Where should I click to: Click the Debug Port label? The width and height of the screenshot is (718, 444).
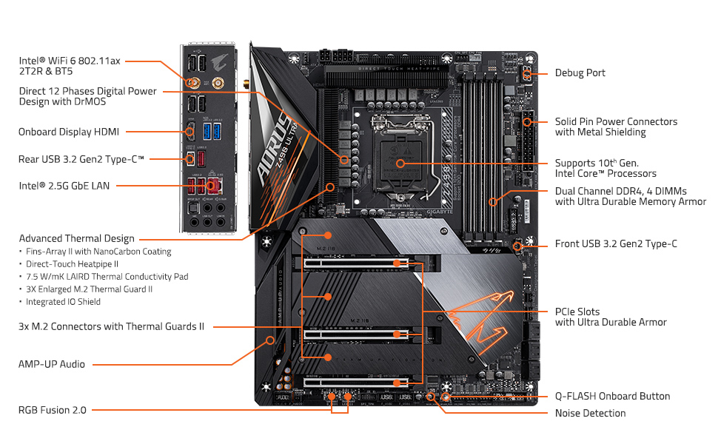(x=580, y=73)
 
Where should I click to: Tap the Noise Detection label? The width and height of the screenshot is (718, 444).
(x=590, y=413)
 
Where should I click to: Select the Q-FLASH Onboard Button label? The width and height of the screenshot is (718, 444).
(x=612, y=396)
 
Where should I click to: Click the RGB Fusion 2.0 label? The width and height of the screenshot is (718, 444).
(x=53, y=410)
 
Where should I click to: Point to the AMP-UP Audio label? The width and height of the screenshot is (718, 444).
(x=52, y=364)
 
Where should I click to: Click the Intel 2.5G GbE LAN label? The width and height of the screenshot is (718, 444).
(x=64, y=186)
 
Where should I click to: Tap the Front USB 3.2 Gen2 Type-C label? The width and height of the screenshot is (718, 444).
(x=616, y=243)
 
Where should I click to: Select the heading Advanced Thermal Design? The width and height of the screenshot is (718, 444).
(x=77, y=238)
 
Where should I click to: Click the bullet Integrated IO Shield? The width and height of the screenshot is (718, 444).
(x=64, y=302)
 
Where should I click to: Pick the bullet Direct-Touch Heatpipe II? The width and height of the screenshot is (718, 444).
(x=73, y=263)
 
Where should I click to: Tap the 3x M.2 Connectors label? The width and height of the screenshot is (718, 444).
(x=111, y=326)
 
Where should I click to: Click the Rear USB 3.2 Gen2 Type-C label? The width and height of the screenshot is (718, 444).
(x=81, y=158)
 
